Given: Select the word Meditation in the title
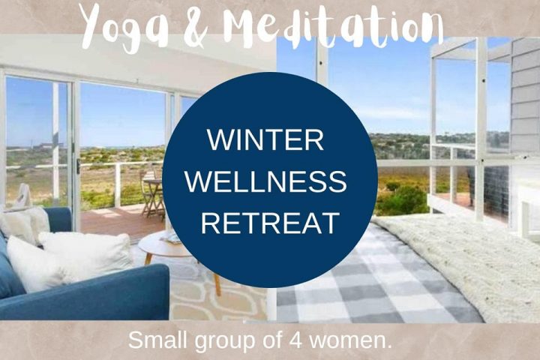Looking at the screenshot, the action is pos(333,26).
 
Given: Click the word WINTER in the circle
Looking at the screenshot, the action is pos(265,139).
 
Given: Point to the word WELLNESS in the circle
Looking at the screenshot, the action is pos(265,181).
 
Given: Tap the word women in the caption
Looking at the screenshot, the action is pos(350,341).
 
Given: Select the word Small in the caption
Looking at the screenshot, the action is pos(157,340).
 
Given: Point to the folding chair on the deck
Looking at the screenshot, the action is pos(152,193).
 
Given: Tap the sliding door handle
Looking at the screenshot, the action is pos(79,166).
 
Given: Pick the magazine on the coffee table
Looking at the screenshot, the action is pos(171,238).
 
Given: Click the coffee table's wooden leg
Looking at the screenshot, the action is pos(217,284).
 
